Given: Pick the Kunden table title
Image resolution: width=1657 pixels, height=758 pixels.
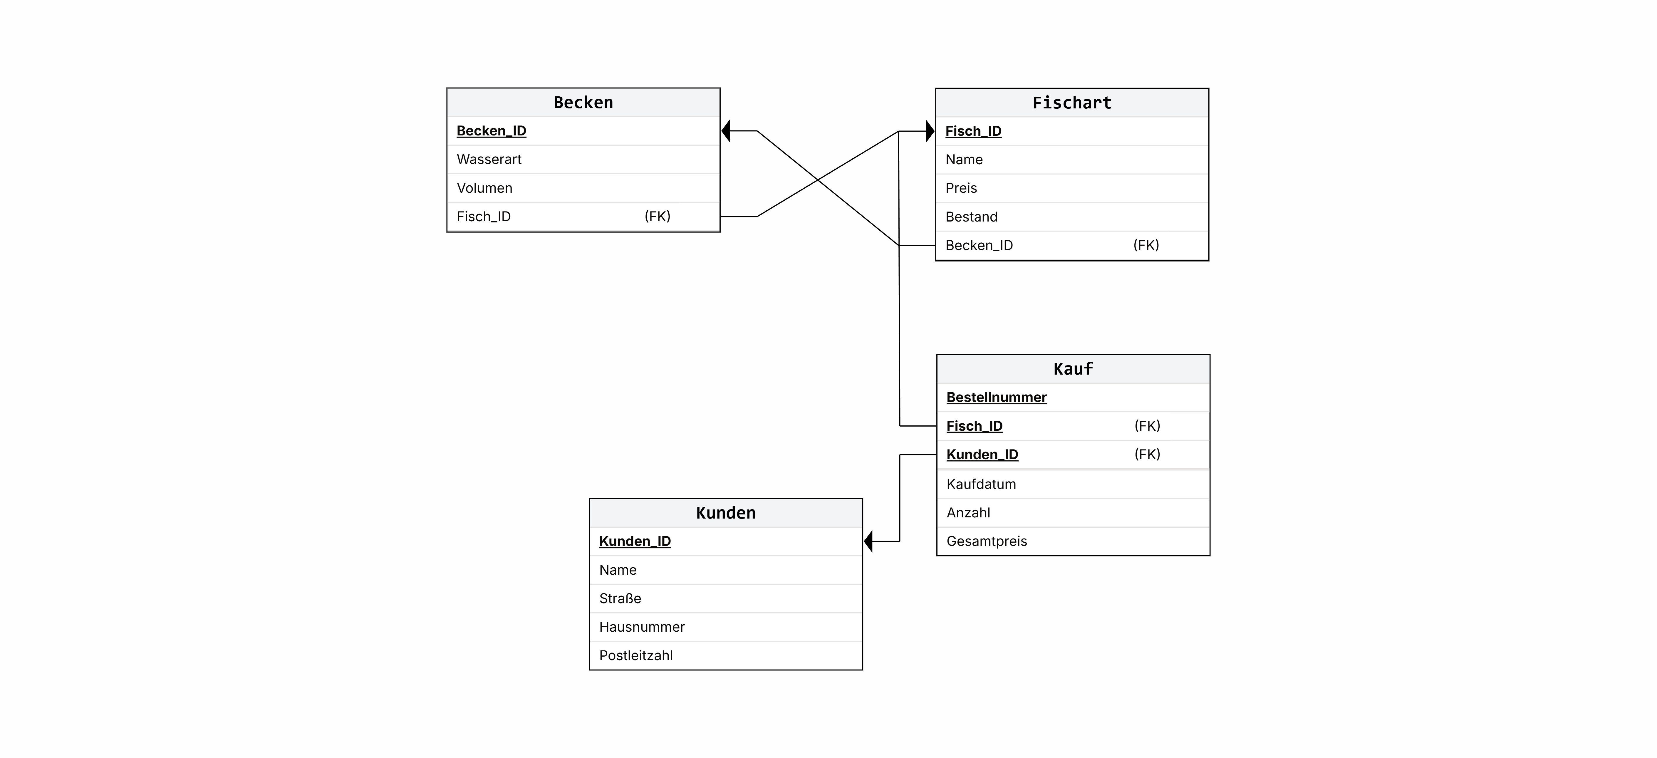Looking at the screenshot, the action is pyautogui.click(x=726, y=513).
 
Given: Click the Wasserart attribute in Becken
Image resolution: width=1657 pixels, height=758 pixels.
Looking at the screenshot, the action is pyautogui.click(x=489, y=160).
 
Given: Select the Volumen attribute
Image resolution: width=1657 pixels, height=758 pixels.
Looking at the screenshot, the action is pyautogui.click(x=484, y=188).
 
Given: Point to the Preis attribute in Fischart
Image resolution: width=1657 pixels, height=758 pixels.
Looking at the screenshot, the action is pyautogui.click(x=961, y=188).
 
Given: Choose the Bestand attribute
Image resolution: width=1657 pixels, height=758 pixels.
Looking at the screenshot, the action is pyautogui.click(x=971, y=217).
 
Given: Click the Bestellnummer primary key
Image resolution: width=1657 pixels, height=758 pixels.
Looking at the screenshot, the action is pyautogui.click(x=996, y=398).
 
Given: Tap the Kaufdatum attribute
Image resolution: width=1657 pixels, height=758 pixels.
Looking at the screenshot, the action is pyautogui.click(x=981, y=484).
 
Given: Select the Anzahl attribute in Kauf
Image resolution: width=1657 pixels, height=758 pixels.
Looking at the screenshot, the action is pyautogui.click(x=968, y=513).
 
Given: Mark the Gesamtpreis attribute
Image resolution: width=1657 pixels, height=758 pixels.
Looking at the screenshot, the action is pyautogui.click(x=987, y=541).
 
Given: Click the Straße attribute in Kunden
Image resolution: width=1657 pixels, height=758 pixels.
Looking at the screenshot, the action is pyautogui.click(x=620, y=598).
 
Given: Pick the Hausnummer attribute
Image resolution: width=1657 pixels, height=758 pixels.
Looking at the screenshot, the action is pyautogui.click(x=642, y=627).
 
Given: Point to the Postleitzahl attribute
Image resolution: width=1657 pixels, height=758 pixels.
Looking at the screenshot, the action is pyautogui.click(x=635, y=656).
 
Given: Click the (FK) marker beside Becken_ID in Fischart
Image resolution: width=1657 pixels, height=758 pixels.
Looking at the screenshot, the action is pyautogui.click(x=1146, y=245).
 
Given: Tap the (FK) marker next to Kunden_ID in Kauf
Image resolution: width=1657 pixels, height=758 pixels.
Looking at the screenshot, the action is pyautogui.click(x=1147, y=454).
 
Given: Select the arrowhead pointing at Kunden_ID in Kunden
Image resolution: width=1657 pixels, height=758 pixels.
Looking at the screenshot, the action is pyautogui.click(x=868, y=541).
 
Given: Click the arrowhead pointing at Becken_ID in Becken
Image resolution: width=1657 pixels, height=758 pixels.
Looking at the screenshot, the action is pyautogui.click(x=726, y=131).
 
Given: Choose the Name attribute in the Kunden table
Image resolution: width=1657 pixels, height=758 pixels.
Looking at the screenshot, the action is pyautogui.click(x=618, y=570).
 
